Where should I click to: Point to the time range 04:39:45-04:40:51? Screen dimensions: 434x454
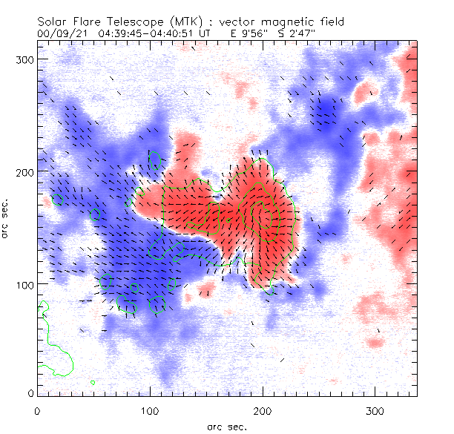147,33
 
